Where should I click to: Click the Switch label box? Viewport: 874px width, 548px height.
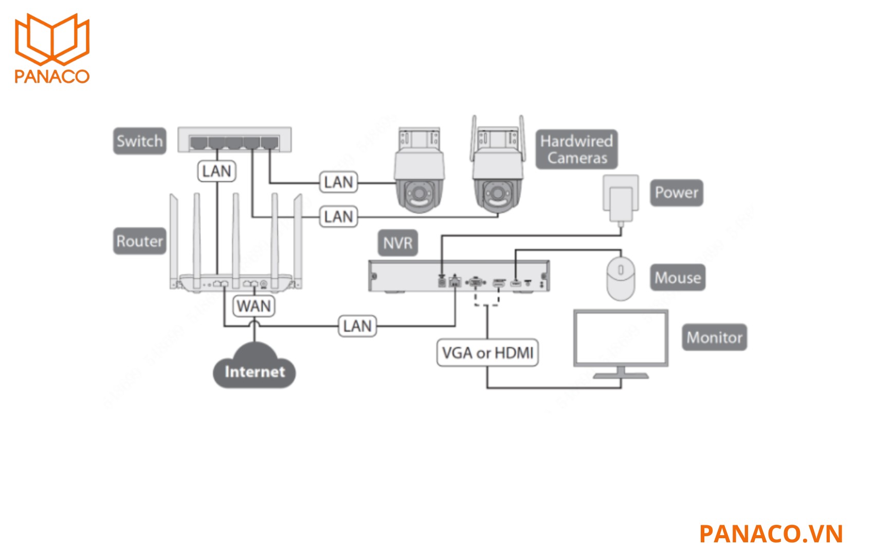139,141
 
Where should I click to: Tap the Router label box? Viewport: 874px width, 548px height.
139,241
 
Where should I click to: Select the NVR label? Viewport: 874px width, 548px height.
397,243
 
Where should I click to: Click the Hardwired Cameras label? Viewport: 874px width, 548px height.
576,149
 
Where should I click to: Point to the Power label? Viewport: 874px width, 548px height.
676,193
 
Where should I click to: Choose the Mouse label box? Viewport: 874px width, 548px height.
677,278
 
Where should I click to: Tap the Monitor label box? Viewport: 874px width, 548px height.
714,337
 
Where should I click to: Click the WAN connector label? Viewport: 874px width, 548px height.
254,306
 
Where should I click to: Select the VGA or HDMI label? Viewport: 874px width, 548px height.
487,353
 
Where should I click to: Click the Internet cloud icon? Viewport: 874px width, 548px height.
254,367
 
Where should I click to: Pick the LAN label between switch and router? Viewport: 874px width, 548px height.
216,171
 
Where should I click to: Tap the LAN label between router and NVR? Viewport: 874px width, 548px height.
357,326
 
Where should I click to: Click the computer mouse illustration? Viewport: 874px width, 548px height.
621,278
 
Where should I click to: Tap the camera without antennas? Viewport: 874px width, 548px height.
420,170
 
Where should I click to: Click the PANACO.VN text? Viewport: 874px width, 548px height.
771,534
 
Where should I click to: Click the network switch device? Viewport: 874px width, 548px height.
234,140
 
